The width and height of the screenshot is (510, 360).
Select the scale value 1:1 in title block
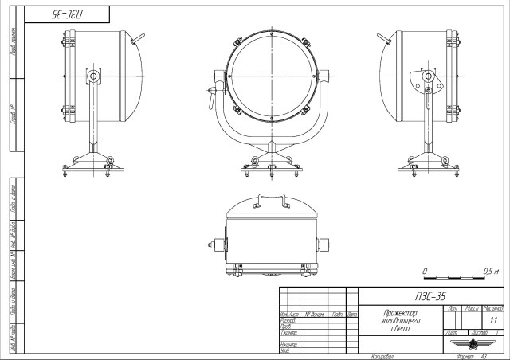click(x=494, y=319)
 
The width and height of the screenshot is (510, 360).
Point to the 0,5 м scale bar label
click(x=491, y=271)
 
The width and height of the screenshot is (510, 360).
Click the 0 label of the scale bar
click(x=425, y=271)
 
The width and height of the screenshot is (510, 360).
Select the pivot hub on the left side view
click(x=94, y=76)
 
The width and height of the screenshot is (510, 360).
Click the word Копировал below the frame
click(x=382, y=357)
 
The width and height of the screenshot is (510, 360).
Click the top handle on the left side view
click(x=138, y=38)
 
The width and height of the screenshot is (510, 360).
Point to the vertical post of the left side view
click(x=94, y=119)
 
